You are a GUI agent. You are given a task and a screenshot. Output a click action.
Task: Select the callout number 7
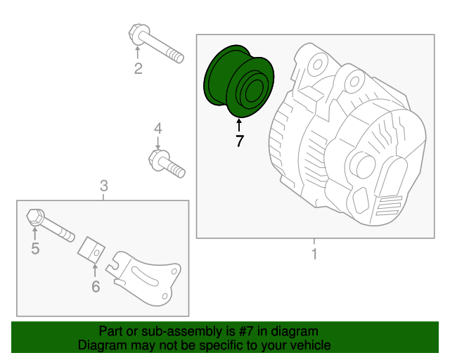pos(240,141)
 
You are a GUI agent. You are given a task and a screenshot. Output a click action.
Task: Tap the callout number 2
pos(138,68)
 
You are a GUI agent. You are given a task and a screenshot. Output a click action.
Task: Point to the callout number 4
pos(158,128)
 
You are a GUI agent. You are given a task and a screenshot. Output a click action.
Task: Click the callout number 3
pos(103,186)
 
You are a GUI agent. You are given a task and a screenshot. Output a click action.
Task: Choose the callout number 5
pos(34,248)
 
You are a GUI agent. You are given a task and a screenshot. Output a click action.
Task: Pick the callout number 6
pos(96,286)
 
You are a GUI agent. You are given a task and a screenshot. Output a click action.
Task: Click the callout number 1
pos(314,253)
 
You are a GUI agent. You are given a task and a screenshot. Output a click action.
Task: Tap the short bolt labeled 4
pos(166,164)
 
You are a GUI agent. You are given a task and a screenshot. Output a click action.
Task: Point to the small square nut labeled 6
pos(91,249)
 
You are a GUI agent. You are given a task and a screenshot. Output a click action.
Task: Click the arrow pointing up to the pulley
pos(240,125)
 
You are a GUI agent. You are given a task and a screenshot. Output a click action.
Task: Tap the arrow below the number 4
pos(158,142)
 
